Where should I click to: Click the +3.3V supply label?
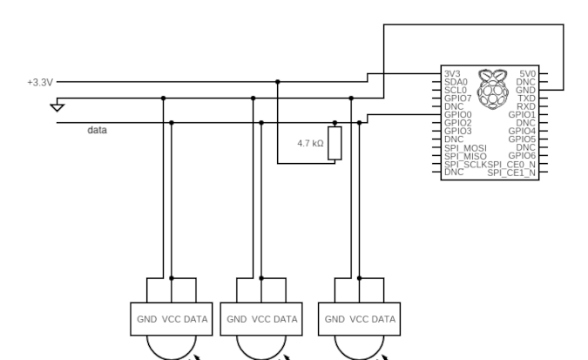[40, 82]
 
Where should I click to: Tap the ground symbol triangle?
[57, 108]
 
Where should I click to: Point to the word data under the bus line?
[97, 130]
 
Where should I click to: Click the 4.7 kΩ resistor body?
[335, 143]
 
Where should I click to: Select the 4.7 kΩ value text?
[310, 144]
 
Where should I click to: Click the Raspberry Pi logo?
[493, 89]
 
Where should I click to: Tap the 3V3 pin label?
[452, 73]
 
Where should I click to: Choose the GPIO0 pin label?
[458, 114]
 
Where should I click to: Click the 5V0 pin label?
[528, 73]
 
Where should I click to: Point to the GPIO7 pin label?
[458, 98]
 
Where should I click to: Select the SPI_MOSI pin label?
[465, 148]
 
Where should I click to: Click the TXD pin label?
[527, 98]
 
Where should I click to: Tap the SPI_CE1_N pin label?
[511, 173]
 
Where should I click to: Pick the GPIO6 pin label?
[522, 155]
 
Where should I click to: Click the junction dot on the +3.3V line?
[278, 82]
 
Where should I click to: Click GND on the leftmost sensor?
[147, 319]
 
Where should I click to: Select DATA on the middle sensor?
[286, 319]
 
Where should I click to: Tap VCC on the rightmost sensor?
[359, 319]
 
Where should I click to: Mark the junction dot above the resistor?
[335, 123]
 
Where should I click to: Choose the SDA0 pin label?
[456, 82]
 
